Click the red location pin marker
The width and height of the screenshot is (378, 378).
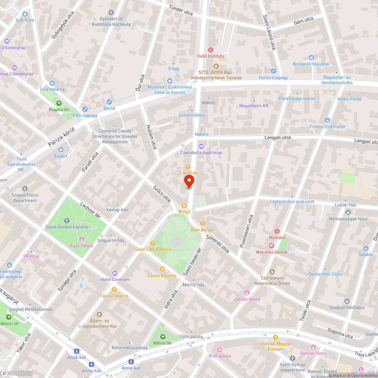coord(189,181)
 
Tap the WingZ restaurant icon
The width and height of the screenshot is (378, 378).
coord(184,205)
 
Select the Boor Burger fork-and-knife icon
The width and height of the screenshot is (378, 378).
coord(203,223)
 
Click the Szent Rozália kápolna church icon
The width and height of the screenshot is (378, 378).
coord(67,220)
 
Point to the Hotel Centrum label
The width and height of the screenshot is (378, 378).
coord(115,279)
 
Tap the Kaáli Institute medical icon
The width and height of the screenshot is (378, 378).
coord(211,50)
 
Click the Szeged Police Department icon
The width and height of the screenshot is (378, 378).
coord(25,189)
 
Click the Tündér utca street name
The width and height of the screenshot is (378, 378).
coord(181,11)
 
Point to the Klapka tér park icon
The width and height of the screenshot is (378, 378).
coord(59,103)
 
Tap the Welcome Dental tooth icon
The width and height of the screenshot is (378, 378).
coord(271,245)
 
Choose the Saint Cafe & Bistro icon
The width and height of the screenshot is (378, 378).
coord(153,243)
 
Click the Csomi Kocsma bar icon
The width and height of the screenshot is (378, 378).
coord(162,269)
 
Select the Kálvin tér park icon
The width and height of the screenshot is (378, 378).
coord(163,336)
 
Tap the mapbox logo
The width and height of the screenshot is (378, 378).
coord(17,373)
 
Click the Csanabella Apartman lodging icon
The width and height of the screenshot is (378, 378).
coord(201,146)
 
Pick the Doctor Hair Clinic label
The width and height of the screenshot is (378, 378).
coord(325,274)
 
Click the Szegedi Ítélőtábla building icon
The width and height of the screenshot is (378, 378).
coord(347,301)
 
